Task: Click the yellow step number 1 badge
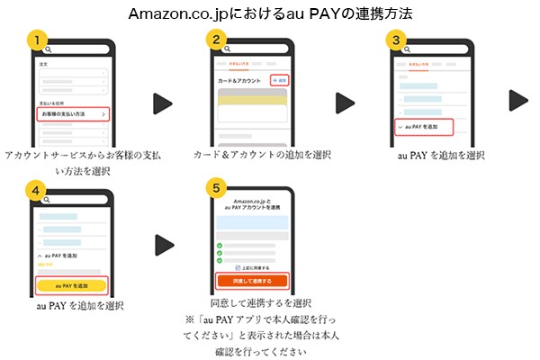36,40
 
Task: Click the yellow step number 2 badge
216,40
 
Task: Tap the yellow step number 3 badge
396,40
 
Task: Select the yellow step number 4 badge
36,191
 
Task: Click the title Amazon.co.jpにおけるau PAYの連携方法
270,13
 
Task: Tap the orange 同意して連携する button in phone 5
253,280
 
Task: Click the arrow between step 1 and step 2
162,103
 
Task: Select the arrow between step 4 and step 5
163,244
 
